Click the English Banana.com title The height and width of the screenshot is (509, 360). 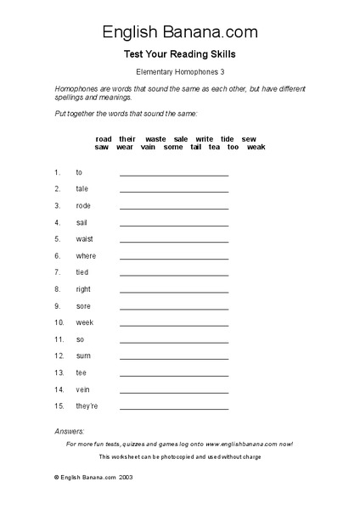180,32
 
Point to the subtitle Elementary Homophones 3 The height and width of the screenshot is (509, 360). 180,72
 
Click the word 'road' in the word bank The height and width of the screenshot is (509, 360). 104,138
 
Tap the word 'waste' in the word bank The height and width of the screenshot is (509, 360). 155,138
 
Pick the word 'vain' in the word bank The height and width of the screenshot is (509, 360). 149,147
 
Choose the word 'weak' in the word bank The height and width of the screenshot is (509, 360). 256,147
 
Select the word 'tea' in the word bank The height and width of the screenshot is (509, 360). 214,147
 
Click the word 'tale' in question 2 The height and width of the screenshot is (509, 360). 82,189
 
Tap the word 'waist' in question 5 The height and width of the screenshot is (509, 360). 83,239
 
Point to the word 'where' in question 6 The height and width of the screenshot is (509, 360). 86,255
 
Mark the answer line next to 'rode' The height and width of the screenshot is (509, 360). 174,208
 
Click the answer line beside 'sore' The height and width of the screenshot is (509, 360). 174,308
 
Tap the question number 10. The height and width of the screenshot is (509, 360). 59,322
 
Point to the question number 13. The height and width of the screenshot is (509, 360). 59,372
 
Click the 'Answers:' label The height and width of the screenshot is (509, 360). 70,432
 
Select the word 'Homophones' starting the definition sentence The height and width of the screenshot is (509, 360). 76,89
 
